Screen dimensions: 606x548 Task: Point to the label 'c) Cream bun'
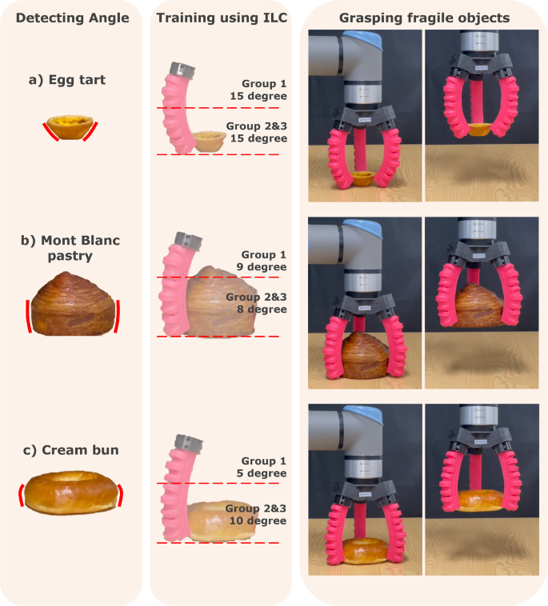pyautogui.click(x=71, y=450)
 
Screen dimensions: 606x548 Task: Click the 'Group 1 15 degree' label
pyautogui.click(x=263, y=90)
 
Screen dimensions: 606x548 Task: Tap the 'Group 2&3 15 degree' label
pyautogui.click(x=256, y=133)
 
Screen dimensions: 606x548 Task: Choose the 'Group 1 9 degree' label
pyautogui.click(x=263, y=261)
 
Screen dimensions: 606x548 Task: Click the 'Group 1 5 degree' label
pyautogui.click(x=263, y=466)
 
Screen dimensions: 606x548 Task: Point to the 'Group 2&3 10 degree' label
pyautogui.click(x=256, y=514)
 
